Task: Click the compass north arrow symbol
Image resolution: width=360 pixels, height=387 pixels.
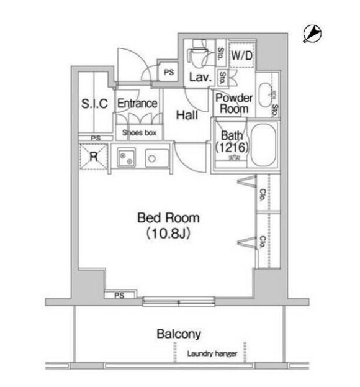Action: [x=312, y=34]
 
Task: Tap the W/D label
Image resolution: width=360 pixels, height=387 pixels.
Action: [x=241, y=55]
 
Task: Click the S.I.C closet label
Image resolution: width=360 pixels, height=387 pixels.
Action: [x=95, y=104]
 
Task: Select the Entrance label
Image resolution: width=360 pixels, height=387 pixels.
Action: [x=137, y=104]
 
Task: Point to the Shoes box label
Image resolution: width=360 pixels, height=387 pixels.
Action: [x=139, y=133]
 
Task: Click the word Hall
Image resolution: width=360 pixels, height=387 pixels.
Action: [x=187, y=115]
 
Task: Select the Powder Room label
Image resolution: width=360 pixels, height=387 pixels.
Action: [x=233, y=103]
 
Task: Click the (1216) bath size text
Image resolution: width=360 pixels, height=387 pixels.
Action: [x=232, y=148]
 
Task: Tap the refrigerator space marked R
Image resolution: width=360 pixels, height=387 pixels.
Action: [x=94, y=157]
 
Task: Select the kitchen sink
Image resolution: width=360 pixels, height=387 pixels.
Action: [x=153, y=158]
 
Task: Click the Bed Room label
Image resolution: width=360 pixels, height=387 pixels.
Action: [x=168, y=218]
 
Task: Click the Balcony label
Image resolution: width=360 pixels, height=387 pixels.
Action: [x=179, y=334]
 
